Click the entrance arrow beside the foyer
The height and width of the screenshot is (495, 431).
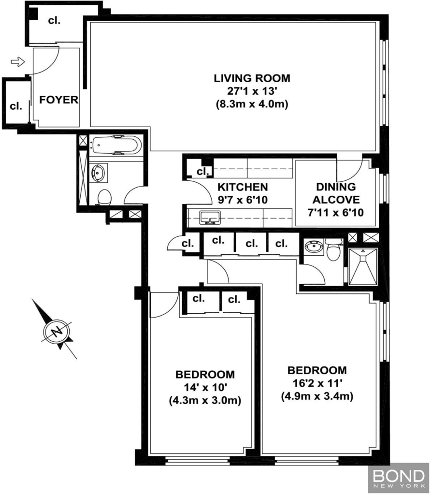tap(18, 61)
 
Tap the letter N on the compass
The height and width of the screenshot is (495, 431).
tap(57, 332)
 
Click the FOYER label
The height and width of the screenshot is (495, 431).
tap(58, 100)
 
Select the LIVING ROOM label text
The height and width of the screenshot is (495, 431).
tap(252, 78)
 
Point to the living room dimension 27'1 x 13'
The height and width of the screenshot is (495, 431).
tap(252, 91)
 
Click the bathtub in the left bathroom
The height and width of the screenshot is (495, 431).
tap(115, 145)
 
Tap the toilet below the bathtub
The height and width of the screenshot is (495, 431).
tap(104, 197)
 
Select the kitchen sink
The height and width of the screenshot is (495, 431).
tap(210, 218)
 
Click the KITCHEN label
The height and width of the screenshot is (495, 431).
tap(243, 187)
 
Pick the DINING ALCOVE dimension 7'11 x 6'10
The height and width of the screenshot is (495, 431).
tap(336, 213)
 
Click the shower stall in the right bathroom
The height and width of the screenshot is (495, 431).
tap(363, 267)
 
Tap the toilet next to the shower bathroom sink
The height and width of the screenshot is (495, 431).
tap(333, 249)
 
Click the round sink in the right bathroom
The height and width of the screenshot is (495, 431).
tap(314, 247)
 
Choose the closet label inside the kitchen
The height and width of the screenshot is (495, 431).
tap(202, 172)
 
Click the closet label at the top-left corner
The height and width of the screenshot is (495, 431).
tap(54, 20)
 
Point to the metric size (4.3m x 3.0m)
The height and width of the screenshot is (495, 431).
tap(205, 401)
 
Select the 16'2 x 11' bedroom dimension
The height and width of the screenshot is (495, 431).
tap(317, 383)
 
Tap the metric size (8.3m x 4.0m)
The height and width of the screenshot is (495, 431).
tap(252, 104)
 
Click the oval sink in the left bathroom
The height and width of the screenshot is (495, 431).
tap(98, 173)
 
